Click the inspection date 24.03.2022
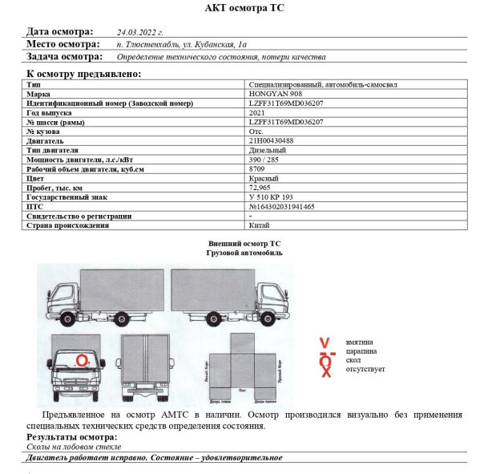tap(139, 33)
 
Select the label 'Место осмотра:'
tap(63, 44)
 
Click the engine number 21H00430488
tap(272, 140)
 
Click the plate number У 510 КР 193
tap(272, 196)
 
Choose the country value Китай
tap(260, 225)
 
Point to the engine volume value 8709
tap(257, 168)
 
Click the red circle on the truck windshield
tap(82, 361)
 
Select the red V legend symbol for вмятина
tap(325, 342)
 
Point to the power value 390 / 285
tap(266, 159)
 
